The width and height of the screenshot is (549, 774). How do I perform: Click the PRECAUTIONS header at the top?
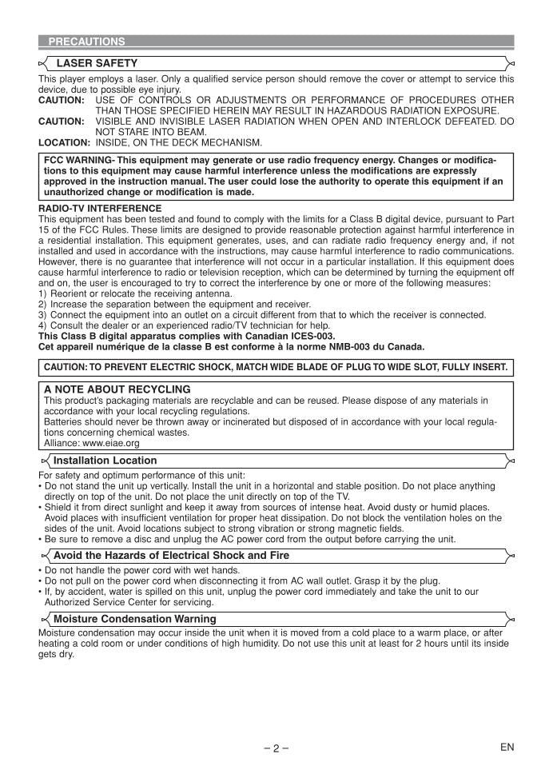(86, 41)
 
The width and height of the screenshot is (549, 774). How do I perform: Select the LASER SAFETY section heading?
(96, 63)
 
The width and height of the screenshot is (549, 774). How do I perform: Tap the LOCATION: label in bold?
(65, 143)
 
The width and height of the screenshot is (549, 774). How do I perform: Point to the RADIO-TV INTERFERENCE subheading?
(100, 208)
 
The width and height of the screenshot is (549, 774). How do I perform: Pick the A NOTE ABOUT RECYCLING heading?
(117, 389)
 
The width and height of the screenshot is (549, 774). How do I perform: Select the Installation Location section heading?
(105, 461)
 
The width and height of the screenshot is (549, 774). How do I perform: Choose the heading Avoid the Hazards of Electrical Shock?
(171, 555)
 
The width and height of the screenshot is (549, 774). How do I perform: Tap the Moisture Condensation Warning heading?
(134, 619)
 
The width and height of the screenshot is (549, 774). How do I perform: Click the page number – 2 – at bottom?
(276, 748)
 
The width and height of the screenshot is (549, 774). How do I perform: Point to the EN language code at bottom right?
(507, 747)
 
